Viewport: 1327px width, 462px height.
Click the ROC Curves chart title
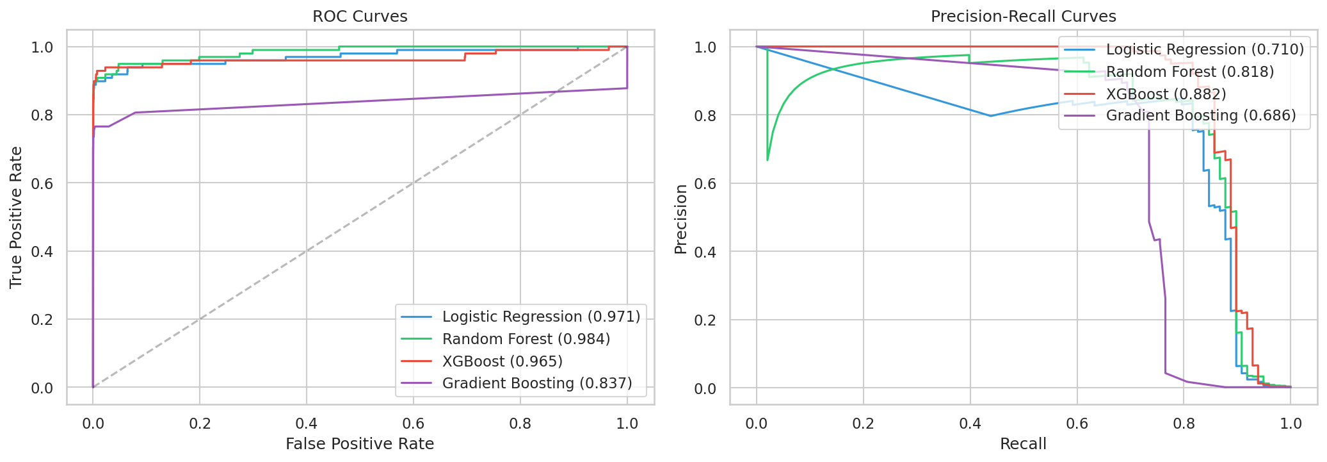(360, 17)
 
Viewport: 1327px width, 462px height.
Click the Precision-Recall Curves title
(1023, 17)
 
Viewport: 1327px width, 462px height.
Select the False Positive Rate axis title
(360, 444)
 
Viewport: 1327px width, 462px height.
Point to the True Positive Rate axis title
(16, 217)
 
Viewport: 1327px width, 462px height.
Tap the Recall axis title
(1023, 444)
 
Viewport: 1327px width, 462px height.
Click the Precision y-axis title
(680, 219)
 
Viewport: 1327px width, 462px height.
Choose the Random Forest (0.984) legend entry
(526, 339)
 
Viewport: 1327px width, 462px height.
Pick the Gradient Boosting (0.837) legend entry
(536, 383)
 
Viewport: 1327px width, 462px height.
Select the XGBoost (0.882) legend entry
(1166, 94)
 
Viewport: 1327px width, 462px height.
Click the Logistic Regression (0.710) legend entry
(1205, 49)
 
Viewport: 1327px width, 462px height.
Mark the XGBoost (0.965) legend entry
(502, 361)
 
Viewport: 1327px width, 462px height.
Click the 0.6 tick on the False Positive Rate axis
(413, 424)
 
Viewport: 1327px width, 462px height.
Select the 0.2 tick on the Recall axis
(863, 424)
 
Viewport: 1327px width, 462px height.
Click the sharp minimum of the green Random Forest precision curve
(768, 160)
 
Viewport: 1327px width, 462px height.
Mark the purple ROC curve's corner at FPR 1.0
(627, 88)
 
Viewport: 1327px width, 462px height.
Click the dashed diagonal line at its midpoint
(360, 217)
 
